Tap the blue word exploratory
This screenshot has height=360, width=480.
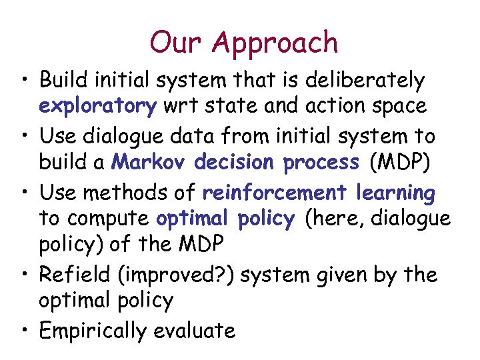tap(98, 107)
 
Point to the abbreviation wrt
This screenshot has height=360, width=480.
tap(181, 107)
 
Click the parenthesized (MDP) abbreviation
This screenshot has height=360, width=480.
tap(398, 163)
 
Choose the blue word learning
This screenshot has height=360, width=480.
tap(395, 193)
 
